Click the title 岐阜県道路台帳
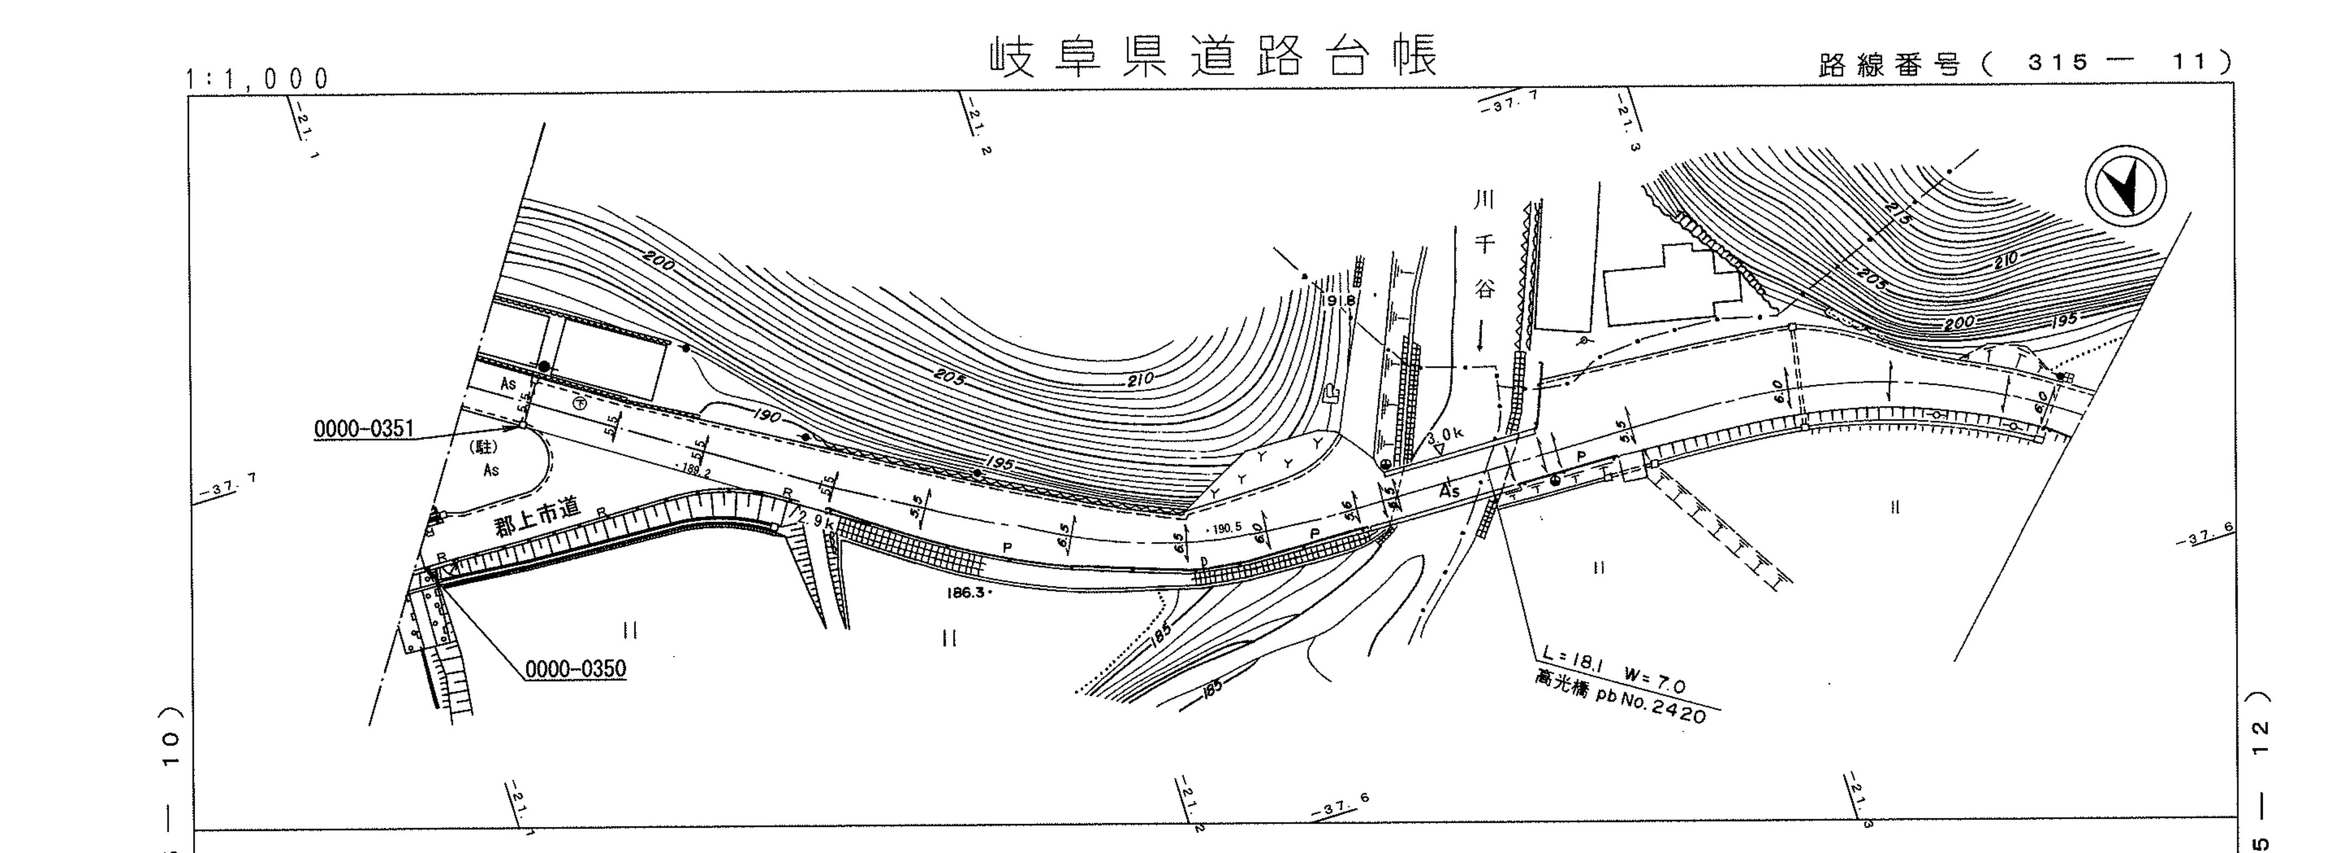[1213, 56]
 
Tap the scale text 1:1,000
[258, 80]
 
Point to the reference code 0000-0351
[363, 428]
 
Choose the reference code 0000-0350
[576, 669]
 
